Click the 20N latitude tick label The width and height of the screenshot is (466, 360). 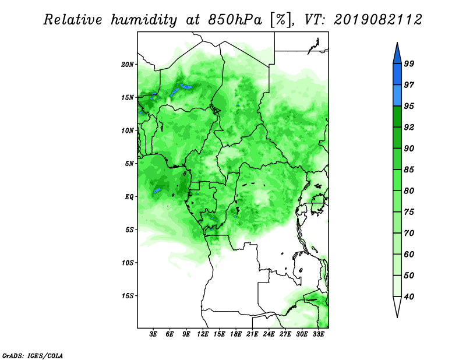coord(128,65)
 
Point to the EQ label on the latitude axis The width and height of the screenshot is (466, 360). coord(129,197)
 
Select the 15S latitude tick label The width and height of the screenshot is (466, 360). coord(128,296)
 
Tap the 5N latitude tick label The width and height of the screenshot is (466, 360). coord(129,164)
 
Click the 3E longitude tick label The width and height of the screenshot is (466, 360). coord(153,334)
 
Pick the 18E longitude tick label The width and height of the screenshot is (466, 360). coord(236,334)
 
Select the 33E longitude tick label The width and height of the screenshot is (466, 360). coord(318,334)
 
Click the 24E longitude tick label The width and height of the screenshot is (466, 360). coord(269,334)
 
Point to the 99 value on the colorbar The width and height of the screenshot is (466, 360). coord(409,63)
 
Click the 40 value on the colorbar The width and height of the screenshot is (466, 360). coord(409,297)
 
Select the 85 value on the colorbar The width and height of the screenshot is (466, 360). coord(409,170)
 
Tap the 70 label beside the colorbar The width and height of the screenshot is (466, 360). coord(409,233)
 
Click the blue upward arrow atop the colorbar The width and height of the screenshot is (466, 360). coord(397,55)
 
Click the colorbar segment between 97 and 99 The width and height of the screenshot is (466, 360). coord(397,75)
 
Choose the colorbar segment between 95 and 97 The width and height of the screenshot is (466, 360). coord(397,96)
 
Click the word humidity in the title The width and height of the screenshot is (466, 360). coord(144,20)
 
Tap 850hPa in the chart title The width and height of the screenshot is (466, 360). coord(235,20)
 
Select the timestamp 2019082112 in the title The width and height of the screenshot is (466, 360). coord(377,20)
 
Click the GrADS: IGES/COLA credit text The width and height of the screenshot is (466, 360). coord(33,355)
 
